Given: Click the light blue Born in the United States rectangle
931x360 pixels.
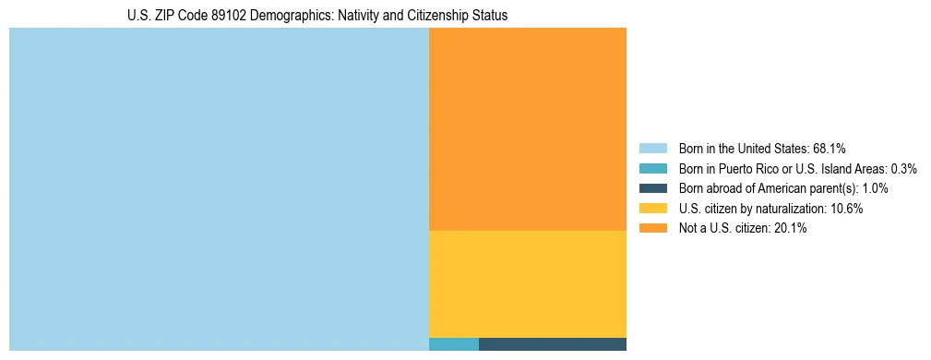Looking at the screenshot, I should pos(219,189).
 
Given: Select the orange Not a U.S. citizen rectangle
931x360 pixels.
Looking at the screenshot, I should pos(528,129).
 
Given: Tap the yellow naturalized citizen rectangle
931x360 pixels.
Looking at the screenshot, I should pos(528,283).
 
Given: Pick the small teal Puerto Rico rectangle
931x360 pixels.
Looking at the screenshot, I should pos(454,344).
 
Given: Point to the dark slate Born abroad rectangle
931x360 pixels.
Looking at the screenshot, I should pos(553,344).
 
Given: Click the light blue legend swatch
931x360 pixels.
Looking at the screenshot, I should pos(652,148).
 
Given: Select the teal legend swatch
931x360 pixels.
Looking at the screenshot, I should pos(652,168).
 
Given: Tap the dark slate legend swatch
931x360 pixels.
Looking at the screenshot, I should pos(652,188).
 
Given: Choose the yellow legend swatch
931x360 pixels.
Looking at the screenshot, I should pos(652,209).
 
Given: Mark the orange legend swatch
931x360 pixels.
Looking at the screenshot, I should pos(652,229).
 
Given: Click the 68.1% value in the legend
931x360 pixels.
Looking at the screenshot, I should pos(830,148).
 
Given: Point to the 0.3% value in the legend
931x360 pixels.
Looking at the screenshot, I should pos(903,168).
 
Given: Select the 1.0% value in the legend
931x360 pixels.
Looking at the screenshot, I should pos(875,188).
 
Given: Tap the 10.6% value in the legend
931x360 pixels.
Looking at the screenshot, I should pos(846,209).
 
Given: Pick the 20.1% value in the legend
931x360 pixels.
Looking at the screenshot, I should pos(790,229).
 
